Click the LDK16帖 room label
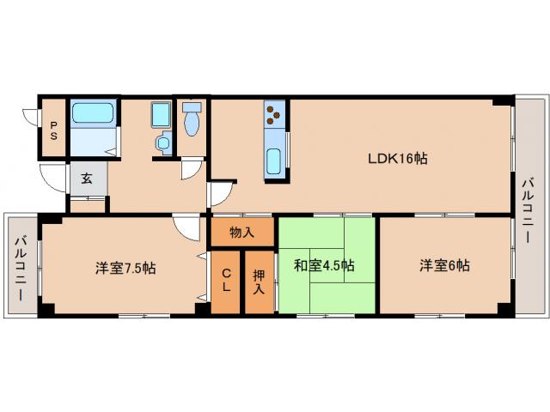398,159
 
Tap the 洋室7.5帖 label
125,267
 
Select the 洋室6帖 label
444,265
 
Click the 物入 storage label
242,232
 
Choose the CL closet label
225,281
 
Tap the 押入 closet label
259,283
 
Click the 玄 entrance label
87,179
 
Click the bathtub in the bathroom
94,113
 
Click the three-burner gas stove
275,112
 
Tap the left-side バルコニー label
21,265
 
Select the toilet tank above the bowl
191,107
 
